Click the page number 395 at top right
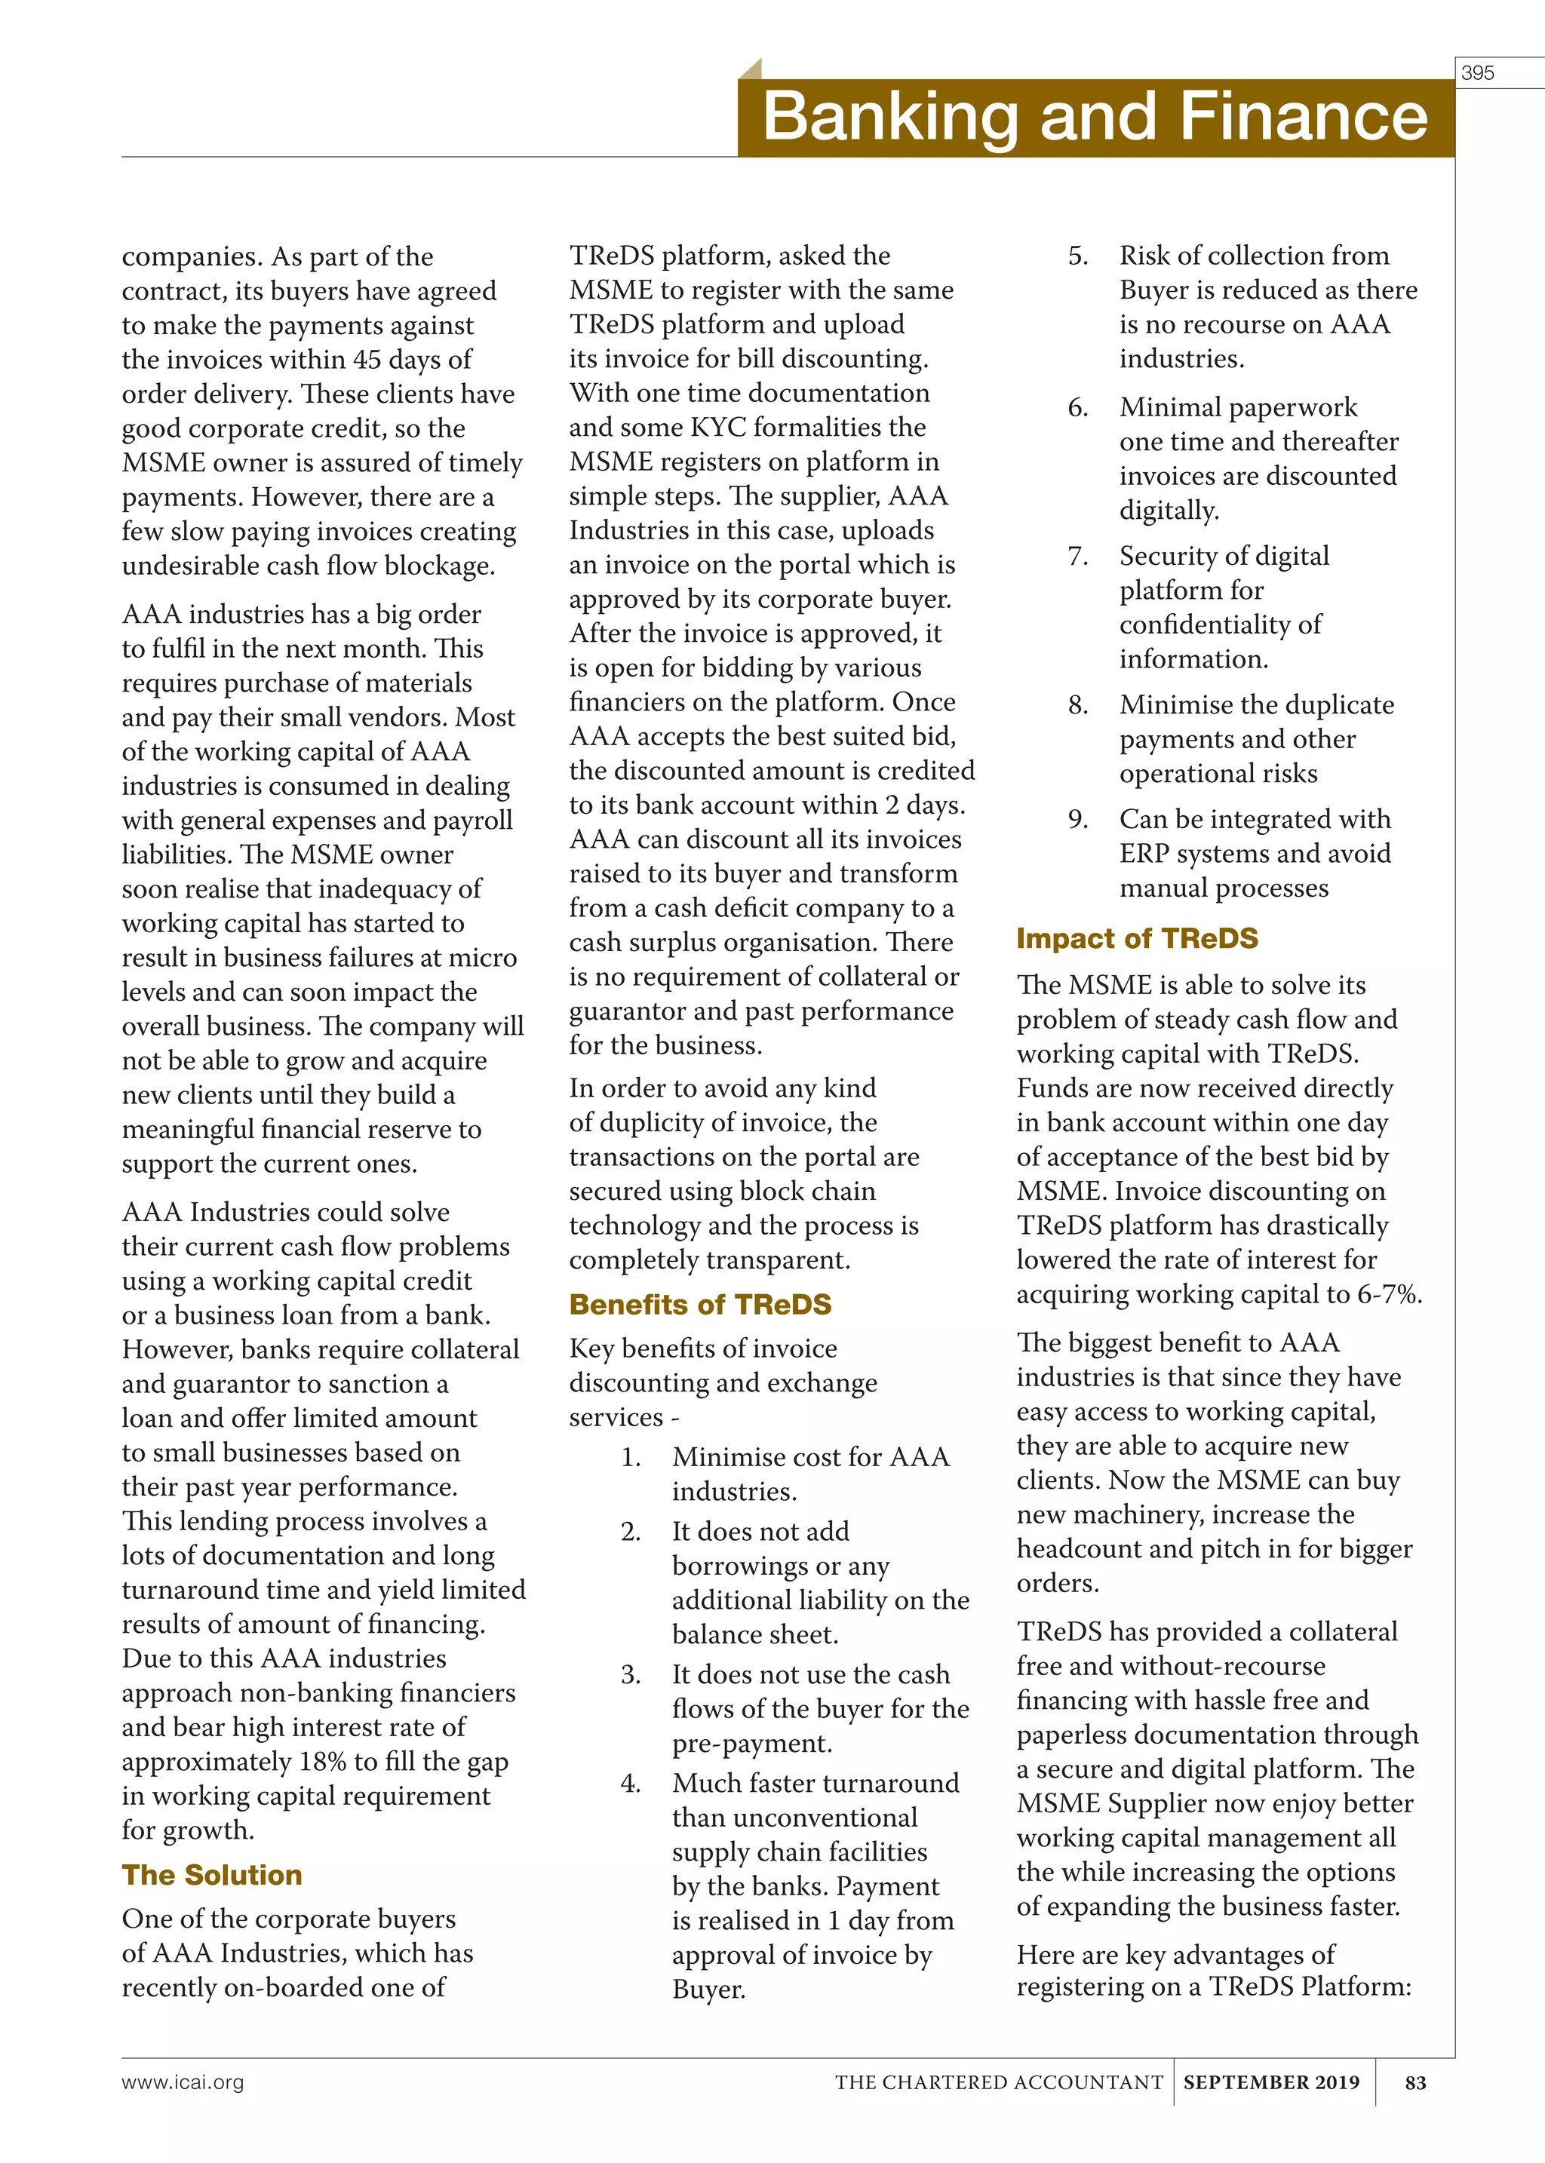(1477, 73)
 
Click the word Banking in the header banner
(889, 117)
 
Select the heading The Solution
(211, 1875)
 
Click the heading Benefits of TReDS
(700, 1304)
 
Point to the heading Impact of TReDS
(1137, 939)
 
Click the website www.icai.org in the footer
(183, 2082)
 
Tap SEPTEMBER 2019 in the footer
(1271, 2082)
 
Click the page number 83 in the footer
(1414, 2082)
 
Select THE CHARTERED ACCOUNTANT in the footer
(999, 2082)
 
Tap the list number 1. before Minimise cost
(631, 1457)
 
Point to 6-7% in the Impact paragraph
(1389, 1295)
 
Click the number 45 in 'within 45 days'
(367, 360)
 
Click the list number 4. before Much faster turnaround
(631, 1784)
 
